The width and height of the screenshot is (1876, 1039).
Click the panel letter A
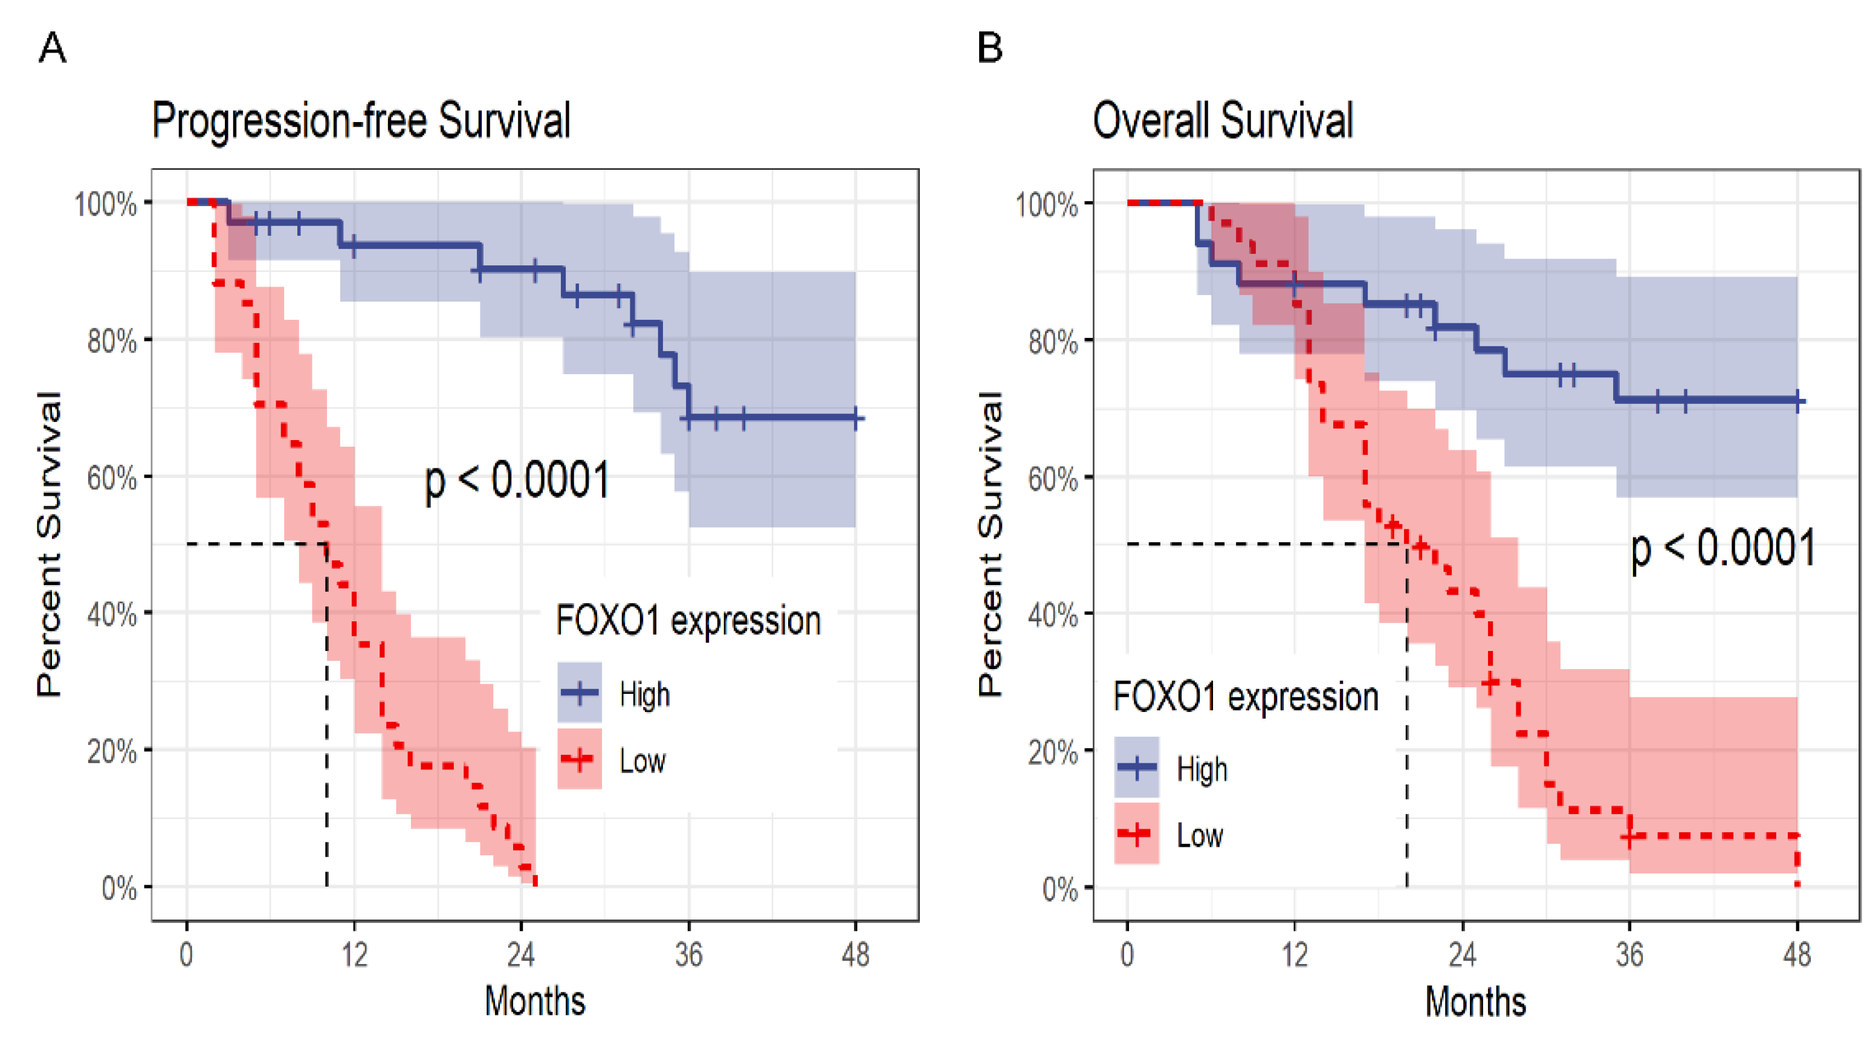(53, 49)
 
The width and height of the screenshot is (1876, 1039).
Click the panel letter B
(990, 49)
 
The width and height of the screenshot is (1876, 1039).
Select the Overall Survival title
(1223, 121)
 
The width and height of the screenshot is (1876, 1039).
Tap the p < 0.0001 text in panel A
(517, 481)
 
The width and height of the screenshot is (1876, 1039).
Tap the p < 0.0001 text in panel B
(1722, 548)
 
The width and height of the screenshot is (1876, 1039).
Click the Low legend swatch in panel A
(580, 759)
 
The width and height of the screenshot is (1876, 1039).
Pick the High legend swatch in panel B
(1136, 766)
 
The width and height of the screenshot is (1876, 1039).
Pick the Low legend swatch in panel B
(1136, 833)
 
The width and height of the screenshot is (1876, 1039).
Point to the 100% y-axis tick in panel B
(1047, 204)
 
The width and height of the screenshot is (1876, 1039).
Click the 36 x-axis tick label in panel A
(688, 954)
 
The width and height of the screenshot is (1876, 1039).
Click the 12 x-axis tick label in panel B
(1295, 954)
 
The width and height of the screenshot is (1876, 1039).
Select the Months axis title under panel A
(535, 1001)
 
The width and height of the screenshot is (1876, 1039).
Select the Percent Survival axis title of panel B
(991, 544)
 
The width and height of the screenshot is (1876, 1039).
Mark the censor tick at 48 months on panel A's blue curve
(856, 418)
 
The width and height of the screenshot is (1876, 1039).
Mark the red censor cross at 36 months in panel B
(1629, 837)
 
